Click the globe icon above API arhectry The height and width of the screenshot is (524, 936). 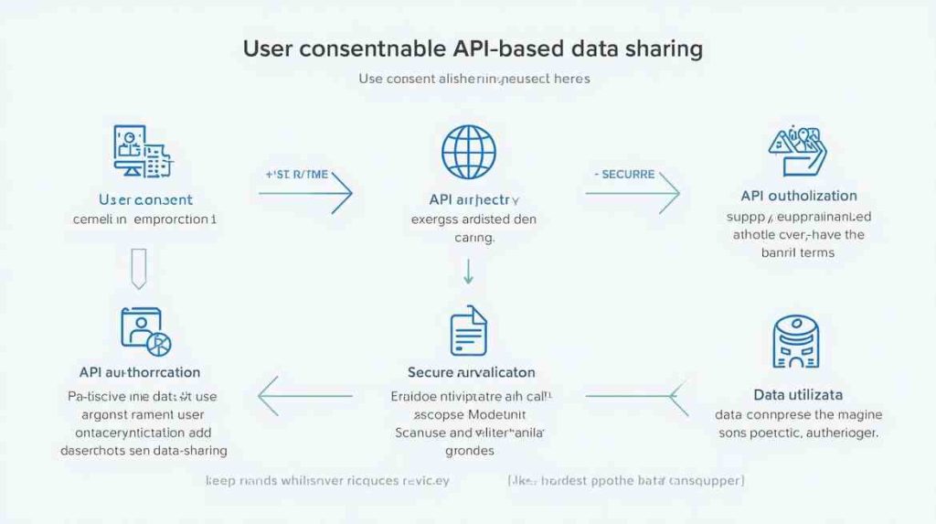tap(469, 152)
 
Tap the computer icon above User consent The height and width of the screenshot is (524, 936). tap(143, 152)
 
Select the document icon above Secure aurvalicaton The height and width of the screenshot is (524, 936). tap(469, 331)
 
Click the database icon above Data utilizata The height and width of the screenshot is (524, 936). tap(796, 341)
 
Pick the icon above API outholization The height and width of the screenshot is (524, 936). tap(798, 151)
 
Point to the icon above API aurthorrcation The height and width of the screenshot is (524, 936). tap(145, 331)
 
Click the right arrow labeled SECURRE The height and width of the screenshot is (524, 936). tap(633, 193)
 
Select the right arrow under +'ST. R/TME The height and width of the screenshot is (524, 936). tap(305, 193)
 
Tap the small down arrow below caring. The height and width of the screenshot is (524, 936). tap(469, 272)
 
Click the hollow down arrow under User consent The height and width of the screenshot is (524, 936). tap(139, 269)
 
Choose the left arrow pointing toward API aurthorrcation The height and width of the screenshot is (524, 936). tap(305, 396)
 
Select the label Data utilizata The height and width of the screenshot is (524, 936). tap(798, 394)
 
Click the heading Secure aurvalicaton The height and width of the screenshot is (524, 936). tap(471, 372)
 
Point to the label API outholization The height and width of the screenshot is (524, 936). tap(799, 196)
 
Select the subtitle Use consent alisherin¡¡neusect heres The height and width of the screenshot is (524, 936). tap(473, 79)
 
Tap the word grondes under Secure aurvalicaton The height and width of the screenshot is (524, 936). tap(469, 451)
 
